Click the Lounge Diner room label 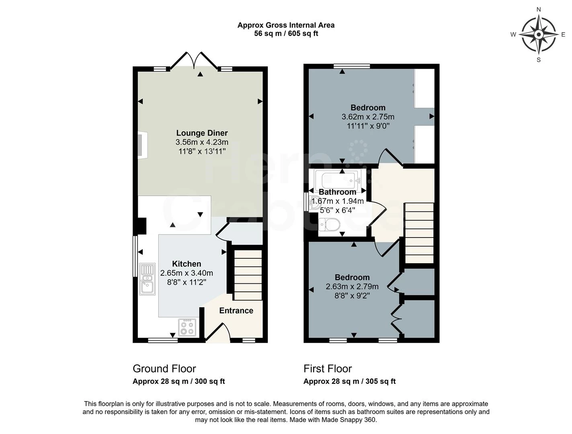[202, 133]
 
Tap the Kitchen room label [187, 264]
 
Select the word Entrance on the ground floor [236, 311]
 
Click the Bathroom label [337, 192]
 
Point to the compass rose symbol [538, 35]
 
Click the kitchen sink [147, 279]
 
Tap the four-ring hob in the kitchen [187, 327]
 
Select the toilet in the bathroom [329, 224]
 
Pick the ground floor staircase [248, 275]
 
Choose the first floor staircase [419, 233]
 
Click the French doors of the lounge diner [194, 61]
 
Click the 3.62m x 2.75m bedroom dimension [368, 117]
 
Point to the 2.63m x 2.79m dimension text [352, 287]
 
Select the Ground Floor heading [164, 369]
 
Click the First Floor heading [328, 369]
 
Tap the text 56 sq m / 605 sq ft [286, 34]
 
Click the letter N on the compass [539, 10]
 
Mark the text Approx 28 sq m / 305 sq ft [349, 381]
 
